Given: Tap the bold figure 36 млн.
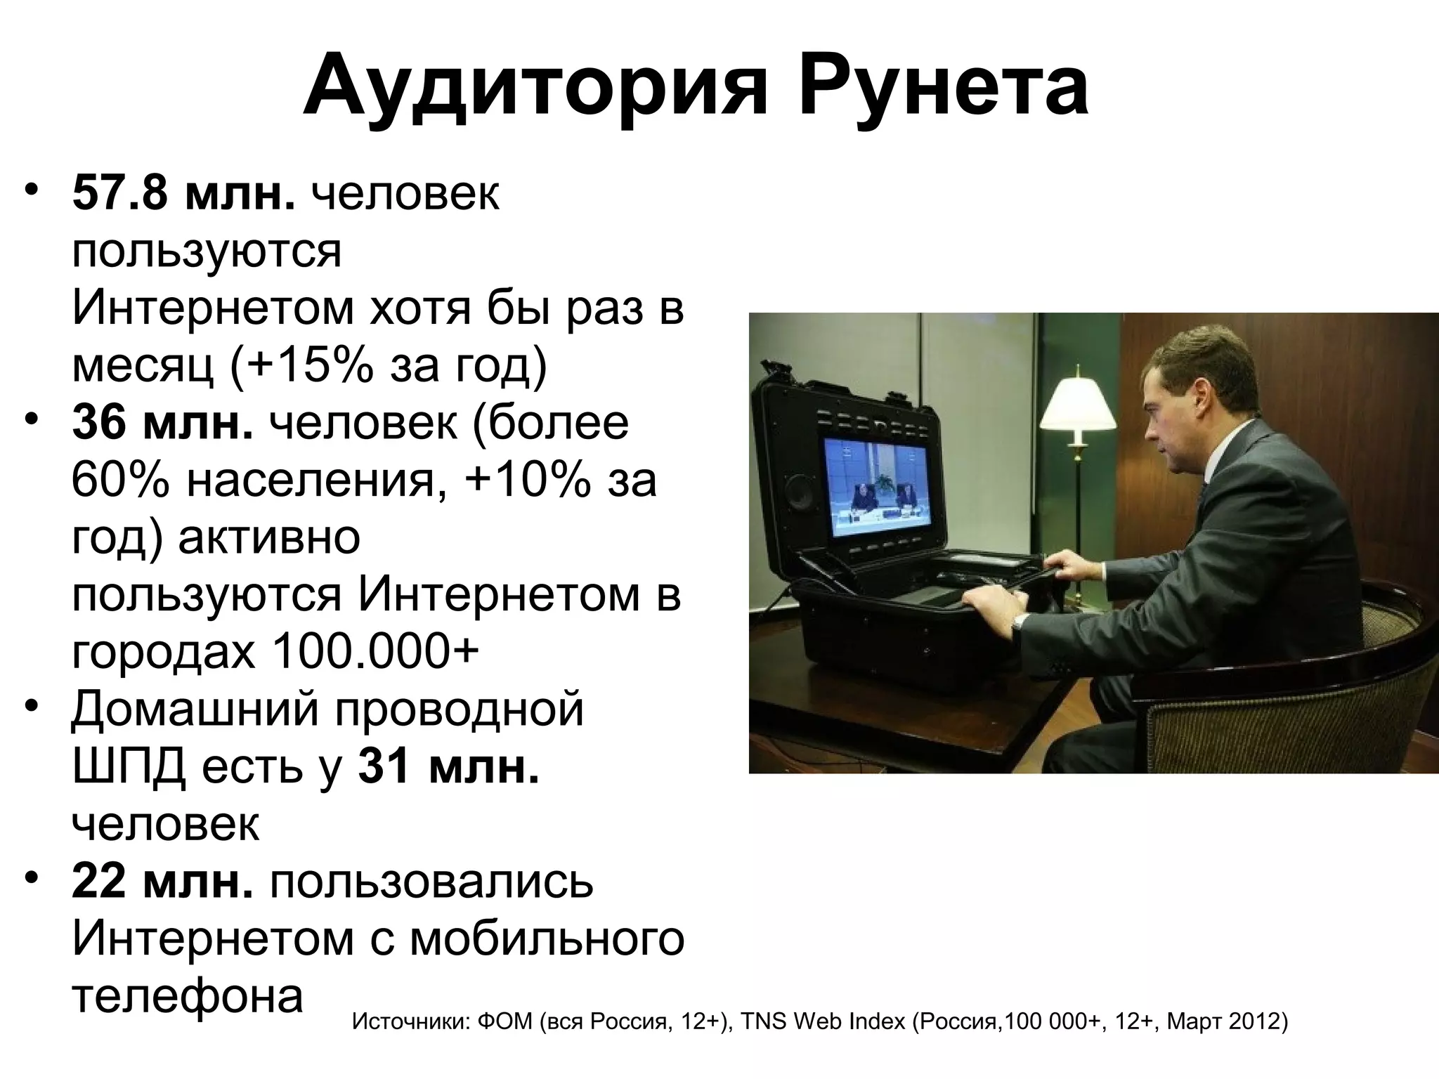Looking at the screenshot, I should click(x=162, y=423).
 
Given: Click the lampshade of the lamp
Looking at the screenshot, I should click(x=1077, y=405).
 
